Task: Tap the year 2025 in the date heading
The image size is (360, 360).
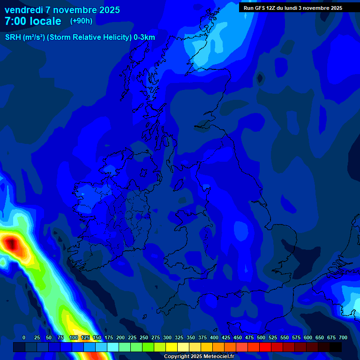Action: point(107,10)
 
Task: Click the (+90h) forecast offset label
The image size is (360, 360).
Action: point(81,21)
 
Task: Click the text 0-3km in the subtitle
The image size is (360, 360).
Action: point(144,37)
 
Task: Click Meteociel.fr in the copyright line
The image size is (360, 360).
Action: point(217,357)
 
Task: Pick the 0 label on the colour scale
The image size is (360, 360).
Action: point(24,337)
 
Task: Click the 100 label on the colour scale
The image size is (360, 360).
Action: point(74,337)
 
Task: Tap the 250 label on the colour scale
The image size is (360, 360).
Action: point(144,337)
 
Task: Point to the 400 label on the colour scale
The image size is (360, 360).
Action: point(214,337)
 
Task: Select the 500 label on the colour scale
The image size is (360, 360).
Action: point(261,337)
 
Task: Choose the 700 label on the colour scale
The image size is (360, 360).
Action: point(343,337)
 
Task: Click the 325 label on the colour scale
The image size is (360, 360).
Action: point(179,337)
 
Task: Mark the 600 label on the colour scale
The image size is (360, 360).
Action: point(308,337)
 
